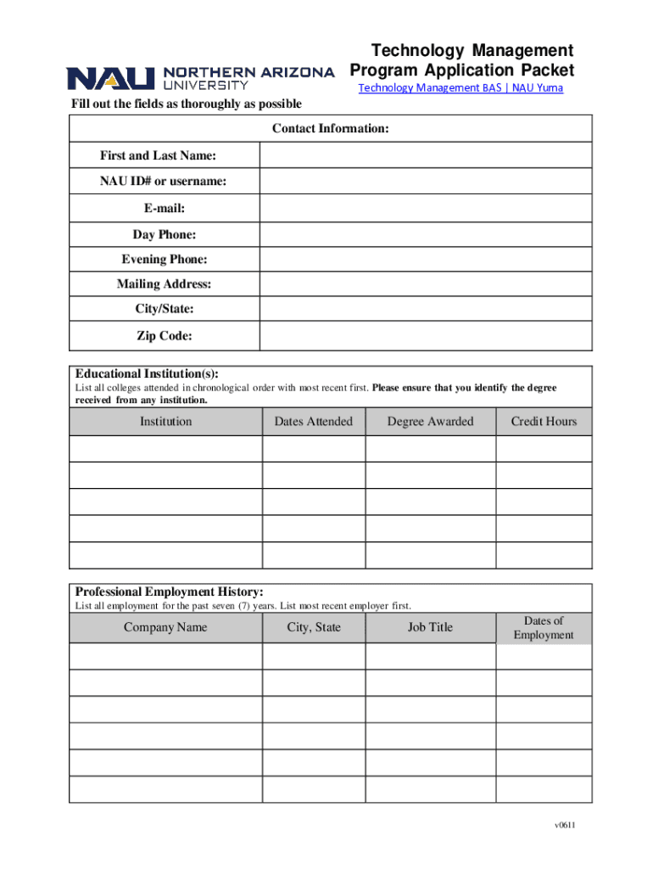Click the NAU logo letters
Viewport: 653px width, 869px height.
110,78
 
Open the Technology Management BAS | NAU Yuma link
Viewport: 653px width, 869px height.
460,88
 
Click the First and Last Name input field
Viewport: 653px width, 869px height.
426,155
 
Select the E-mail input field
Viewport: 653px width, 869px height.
426,208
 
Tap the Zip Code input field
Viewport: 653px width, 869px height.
426,337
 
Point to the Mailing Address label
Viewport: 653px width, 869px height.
165,285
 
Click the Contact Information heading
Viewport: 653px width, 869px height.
330,129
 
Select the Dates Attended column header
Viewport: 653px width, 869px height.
313,422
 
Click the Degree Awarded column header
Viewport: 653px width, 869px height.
430,422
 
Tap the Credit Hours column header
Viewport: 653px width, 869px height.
544,422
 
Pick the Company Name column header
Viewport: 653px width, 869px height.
165,628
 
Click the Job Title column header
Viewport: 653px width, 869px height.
430,628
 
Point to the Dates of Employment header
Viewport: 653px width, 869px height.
544,628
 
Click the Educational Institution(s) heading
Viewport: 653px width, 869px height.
147,374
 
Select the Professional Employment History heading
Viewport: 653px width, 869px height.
169,591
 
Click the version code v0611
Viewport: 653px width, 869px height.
555,827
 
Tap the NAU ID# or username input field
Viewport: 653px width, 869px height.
426,182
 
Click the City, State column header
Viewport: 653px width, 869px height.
313,628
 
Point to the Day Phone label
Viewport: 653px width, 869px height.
165,234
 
